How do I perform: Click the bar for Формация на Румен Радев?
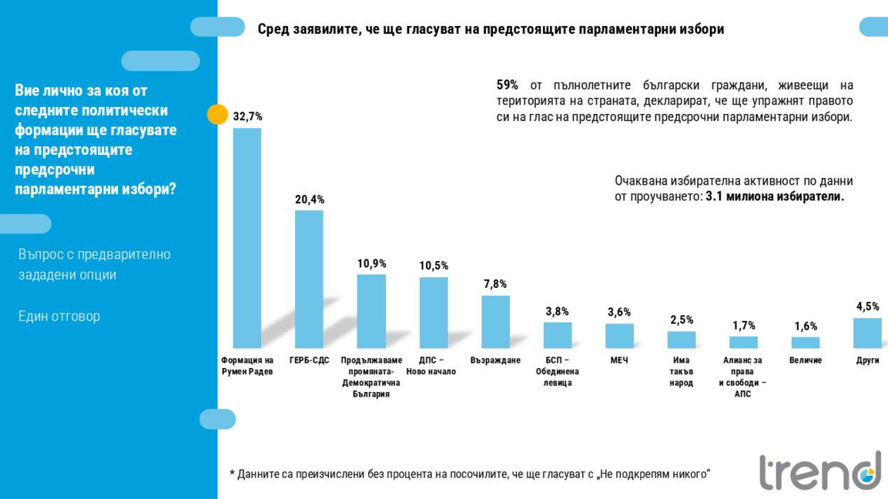click(x=247, y=238)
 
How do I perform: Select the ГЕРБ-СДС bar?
click(x=309, y=279)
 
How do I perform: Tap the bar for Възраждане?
click(x=495, y=322)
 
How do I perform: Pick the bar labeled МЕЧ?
click(x=619, y=336)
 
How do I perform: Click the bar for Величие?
click(x=805, y=343)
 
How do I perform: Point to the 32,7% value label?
click(x=247, y=116)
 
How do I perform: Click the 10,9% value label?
click(x=371, y=263)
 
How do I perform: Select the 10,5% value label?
click(x=434, y=266)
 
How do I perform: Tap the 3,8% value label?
click(x=557, y=311)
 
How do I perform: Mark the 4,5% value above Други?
click(x=867, y=306)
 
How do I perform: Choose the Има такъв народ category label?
click(x=681, y=371)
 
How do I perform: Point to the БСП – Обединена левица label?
click(x=557, y=371)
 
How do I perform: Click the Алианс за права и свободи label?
click(x=742, y=377)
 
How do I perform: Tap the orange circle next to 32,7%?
click(x=218, y=115)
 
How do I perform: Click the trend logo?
click(x=819, y=471)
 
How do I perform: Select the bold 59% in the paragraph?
click(x=508, y=85)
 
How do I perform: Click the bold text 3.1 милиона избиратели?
click(x=775, y=196)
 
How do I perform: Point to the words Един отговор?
click(x=59, y=316)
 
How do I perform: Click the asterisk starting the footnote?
click(x=232, y=473)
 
